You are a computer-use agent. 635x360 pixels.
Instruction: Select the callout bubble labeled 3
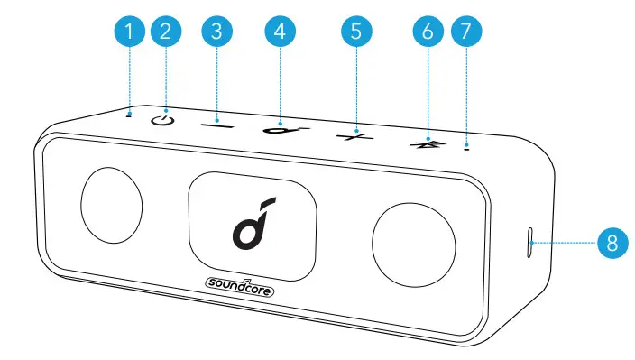[x=216, y=32]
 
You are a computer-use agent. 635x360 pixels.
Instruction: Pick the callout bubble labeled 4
[x=280, y=32]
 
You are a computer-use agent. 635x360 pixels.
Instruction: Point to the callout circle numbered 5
[x=356, y=32]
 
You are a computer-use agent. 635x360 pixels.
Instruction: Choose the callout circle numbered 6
[x=428, y=32]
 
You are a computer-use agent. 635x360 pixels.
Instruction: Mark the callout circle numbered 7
[x=465, y=32]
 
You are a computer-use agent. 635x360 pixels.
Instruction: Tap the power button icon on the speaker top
[x=162, y=119]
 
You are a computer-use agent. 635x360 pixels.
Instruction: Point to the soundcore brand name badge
[x=238, y=289]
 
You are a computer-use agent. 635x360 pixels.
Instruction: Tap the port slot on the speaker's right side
[x=529, y=242]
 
